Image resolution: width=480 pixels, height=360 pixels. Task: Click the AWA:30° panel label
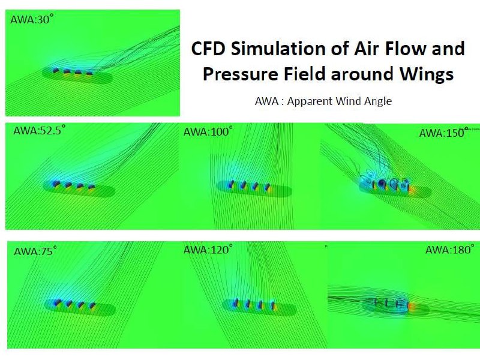coord(32,19)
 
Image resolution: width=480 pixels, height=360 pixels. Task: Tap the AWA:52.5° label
coord(40,130)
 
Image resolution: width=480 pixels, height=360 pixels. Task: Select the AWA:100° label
coord(208,131)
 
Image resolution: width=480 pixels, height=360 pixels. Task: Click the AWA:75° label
coord(35,251)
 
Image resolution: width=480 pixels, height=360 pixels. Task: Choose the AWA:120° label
coord(208,250)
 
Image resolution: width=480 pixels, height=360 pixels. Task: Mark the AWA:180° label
coord(450,250)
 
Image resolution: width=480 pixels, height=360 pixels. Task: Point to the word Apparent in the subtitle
coord(309,101)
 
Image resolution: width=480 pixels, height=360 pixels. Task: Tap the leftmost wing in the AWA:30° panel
coord(56,71)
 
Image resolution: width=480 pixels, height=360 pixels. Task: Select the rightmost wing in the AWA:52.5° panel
coord(92,187)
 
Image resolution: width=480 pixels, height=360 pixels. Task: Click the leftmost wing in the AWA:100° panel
coord(232,184)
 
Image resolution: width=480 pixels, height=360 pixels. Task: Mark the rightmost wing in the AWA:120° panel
coord(272,305)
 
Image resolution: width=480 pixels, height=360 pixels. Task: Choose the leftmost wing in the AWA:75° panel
coord(57,302)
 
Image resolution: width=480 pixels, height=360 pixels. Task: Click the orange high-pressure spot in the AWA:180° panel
coord(412,306)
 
